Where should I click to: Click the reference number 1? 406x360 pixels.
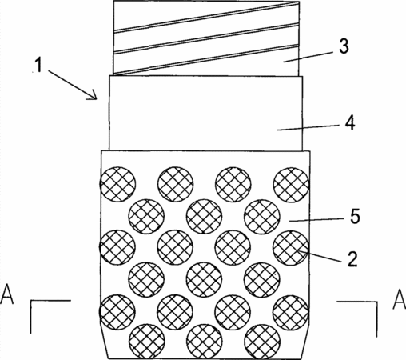point(39,65)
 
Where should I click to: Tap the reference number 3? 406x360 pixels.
point(344,46)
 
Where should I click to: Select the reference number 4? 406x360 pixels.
point(350,123)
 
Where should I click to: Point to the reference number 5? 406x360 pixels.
point(355,216)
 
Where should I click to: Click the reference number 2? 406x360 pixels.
point(352,258)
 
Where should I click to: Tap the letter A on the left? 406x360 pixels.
point(6,294)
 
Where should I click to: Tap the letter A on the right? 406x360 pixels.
point(400,298)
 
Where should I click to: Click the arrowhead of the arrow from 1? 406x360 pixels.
point(93,97)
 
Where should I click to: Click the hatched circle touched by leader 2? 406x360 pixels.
point(290,248)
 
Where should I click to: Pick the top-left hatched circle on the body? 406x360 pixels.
point(117,184)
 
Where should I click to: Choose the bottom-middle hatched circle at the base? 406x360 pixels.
point(204,342)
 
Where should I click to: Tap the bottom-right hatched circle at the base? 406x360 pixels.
point(262,342)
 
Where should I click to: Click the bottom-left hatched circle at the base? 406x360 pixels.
point(146,342)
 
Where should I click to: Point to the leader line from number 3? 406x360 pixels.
point(308,57)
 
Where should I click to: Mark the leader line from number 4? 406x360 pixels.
point(308,128)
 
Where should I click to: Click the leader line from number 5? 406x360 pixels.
point(317,220)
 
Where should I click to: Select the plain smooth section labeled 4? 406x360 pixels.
point(205,114)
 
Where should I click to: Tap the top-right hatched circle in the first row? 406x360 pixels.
point(291,185)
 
